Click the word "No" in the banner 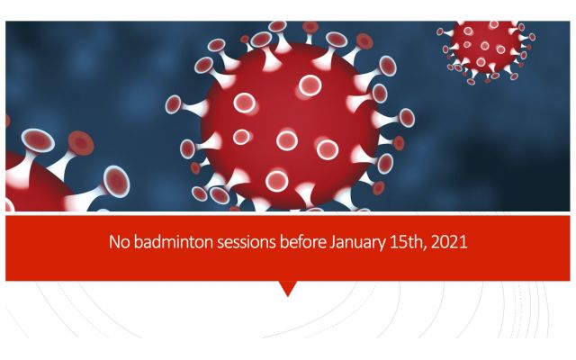click(x=120, y=242)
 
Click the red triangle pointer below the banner click(x=288, y=288)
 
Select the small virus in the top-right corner click(x=486, y=49)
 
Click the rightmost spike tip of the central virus click(x=407, y=118)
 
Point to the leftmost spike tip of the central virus click(x=173, y=104)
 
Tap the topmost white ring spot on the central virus click(x=310, y=85)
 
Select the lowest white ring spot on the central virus click(x=276, y=181)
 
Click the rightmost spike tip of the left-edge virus click(x=116, y=182)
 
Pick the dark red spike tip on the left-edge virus click(x=81, y=143)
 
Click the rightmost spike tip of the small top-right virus click(x=532, y=37)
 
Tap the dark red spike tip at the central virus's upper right click(x=364, y=41)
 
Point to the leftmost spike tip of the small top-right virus click(x=440, y=32)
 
